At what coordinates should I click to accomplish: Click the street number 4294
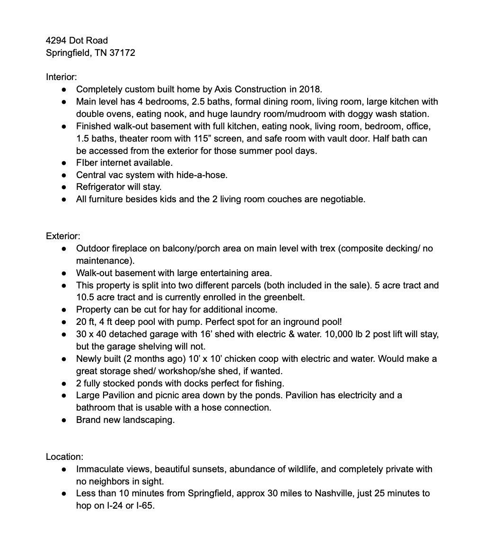(56, 40)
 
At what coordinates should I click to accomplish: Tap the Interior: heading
(61, 76)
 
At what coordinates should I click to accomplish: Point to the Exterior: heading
(63, 236)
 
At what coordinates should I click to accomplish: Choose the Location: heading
(64, 457)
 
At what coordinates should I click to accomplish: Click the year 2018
(310, 89)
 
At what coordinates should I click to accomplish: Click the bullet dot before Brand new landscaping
(64, 420)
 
